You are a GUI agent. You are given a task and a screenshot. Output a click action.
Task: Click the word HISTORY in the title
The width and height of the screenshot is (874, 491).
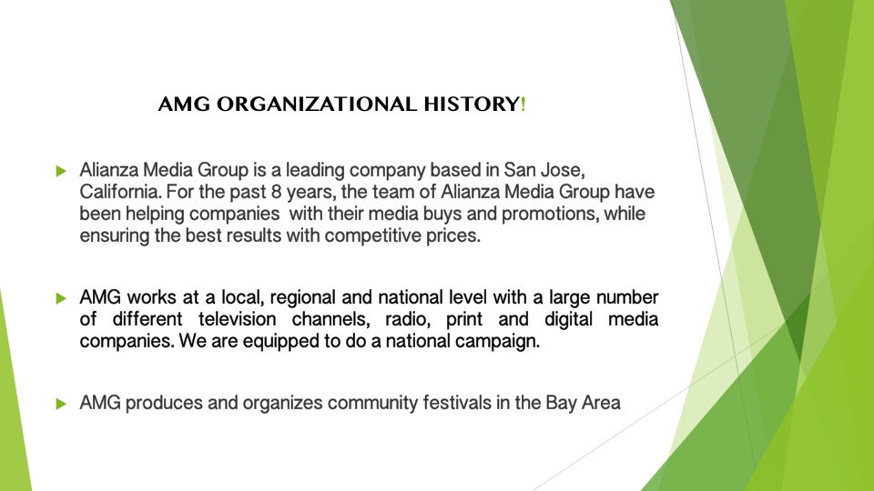point(472,104)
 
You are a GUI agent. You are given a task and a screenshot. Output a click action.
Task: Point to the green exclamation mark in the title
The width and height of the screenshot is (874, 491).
point(523,104)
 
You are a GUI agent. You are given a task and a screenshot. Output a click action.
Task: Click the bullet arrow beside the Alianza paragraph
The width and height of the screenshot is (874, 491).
point(61,171)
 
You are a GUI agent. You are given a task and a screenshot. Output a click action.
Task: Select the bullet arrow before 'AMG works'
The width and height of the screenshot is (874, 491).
point(61,298)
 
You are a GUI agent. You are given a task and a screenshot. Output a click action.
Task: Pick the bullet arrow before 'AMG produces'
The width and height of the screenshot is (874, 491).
point(61,404)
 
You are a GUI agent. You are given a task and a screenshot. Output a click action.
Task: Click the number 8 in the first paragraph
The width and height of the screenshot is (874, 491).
point(277,192)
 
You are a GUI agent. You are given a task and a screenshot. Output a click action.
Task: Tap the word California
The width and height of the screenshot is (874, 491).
point(120,192)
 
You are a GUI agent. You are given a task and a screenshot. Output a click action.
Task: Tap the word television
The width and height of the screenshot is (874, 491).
point(237,319)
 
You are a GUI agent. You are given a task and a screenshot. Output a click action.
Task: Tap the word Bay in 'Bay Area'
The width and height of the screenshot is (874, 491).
point(562,403)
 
